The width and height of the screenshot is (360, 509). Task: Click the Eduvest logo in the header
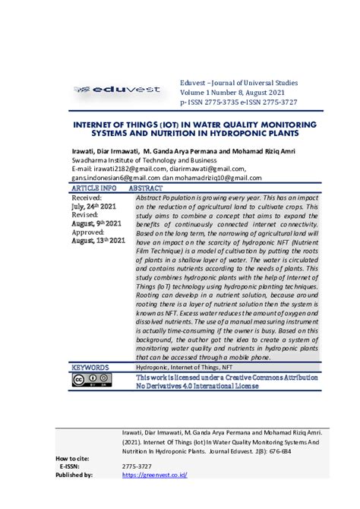(117, 90)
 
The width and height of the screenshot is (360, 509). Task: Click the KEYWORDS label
(90, 367)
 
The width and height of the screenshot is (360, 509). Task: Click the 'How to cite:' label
(74, 459)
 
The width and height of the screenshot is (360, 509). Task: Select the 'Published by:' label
(74, 475)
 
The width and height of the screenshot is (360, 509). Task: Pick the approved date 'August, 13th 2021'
(97, 241)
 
